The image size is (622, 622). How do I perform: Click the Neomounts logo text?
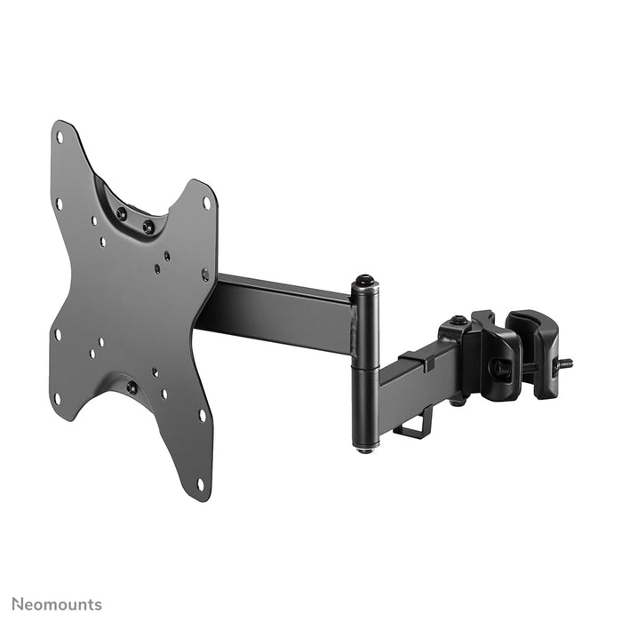pyautogui.click(x=57, y=604)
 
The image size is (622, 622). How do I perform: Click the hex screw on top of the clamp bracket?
pyautogui.click(x=458, y=321)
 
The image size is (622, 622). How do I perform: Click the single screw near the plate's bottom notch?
pyautogui.click(x=132, y=387)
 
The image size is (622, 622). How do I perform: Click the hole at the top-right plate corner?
pyautogui.click(x=207, y=203)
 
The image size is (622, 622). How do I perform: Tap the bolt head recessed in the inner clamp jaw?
pyautogui.click(x=495, y=364)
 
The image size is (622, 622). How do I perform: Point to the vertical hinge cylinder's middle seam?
pyautogui.click(x=364, y=364)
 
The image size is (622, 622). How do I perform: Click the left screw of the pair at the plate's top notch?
pyautogui.click(x=122, y=213)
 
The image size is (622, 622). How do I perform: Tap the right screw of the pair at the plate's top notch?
pyautogui.click(x=148, y=227)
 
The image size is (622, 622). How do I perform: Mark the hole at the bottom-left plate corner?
pyautogui.click(x=58, y=397)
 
